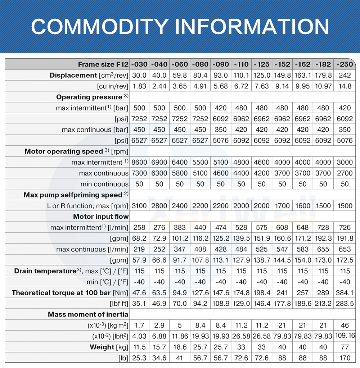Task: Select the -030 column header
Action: click(x=139, y=64)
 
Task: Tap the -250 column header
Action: click(x=345, y=64)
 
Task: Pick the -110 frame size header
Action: click(x=241, y=64)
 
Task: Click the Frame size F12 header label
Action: click(x=103, y=64)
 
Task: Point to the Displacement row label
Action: click(x=73, y=75)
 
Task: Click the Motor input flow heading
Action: click(x=101, y=217)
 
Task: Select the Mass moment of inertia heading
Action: click(x=88, y=314)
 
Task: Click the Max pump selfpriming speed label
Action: click(x=73, y=195)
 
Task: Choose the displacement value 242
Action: click(x=345, y=75)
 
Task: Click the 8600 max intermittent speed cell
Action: click(x=139, y=162)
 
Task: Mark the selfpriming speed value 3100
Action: click(x=139, y=206)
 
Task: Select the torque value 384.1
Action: click(x=345, y=293)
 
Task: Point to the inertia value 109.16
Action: click(x=345, y=336)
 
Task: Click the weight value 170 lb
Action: click(x=345, y=358)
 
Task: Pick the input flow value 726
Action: click(x=345, y=227)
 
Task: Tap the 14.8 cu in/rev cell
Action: click(x=345, y=86)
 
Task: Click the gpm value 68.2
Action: click(x=139, y=238)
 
